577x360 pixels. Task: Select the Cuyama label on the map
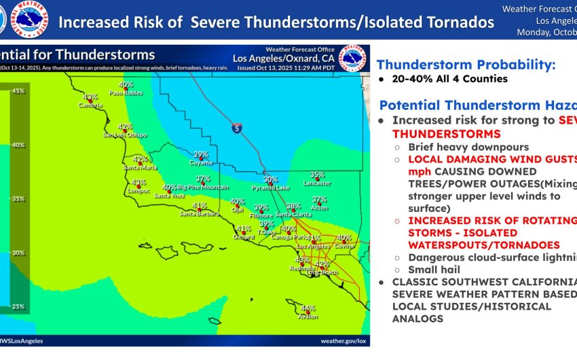(201, 163)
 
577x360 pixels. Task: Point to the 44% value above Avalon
(308, 308)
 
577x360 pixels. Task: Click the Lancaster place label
(317, 183)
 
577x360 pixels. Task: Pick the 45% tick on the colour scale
(18, 90)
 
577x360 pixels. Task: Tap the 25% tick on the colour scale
(18, 306)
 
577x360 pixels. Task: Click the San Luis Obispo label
(125, 134)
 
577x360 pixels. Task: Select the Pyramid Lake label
(270, 187)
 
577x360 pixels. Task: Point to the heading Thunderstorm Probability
(466, 65)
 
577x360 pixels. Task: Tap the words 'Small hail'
(434, 270)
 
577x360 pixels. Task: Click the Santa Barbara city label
(199, 214)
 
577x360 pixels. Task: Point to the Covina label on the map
(344, 246)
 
